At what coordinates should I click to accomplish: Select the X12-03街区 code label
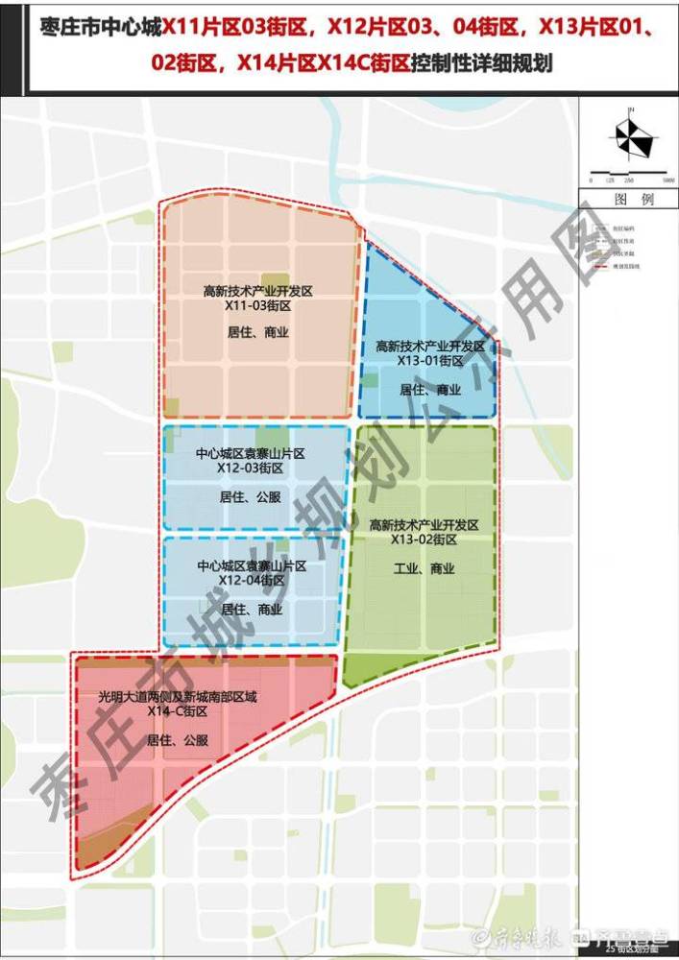point(250,468)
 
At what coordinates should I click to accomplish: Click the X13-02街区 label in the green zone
point(424,540)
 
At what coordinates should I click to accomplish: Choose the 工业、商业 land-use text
point(424,568)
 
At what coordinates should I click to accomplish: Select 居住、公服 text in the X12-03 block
point(250,497)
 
